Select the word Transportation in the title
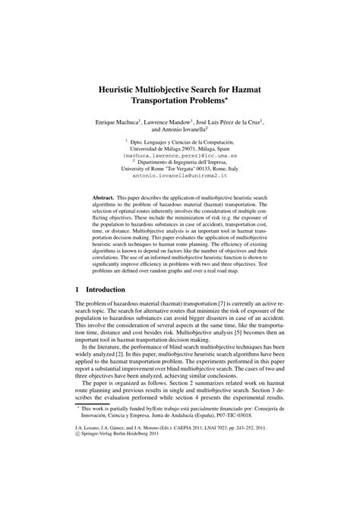click(180, 103)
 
